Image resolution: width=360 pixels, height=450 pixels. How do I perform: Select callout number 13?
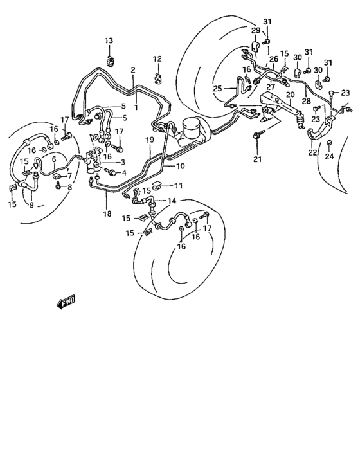pyautogui.click(x=109, y=42)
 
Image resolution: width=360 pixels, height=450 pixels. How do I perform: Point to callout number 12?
pyautogui.click(x=157, y=60)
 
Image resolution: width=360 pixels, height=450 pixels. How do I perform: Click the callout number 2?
pyautogui.click(x=133, y=70)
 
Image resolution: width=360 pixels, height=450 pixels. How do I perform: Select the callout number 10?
pyautogui.click(x=181, y=166)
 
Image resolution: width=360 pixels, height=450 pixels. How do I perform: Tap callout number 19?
pyautogui.click(x=149, y=140)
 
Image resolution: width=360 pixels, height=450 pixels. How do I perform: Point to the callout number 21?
pyautogui.click(x=258, y=159)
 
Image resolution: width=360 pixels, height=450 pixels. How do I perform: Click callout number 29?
pyautogui.click(x=255, y=31)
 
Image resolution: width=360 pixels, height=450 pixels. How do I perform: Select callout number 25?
pyautogui.click(x=217, y=88)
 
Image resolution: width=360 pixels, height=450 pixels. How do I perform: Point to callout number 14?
pyautogui.click(x=171, y=201)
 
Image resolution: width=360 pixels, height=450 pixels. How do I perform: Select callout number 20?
pyautogui.click(x=290, y=94)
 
